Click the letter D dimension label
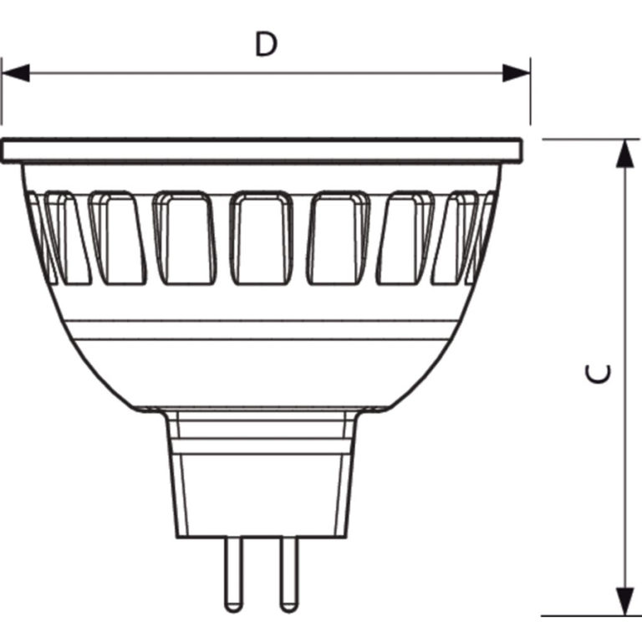(x=266, y=44)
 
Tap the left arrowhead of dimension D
(x=16, y=73)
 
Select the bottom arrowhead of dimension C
(x=624, y=600)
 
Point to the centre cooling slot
(x=262, y=237)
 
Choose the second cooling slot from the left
(x=116, y=237)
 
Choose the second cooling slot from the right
(x=408, y=237)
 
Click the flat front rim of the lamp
(x=262, y=150)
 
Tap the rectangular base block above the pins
(x=262, y=493)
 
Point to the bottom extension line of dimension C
(x=585, y=616)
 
